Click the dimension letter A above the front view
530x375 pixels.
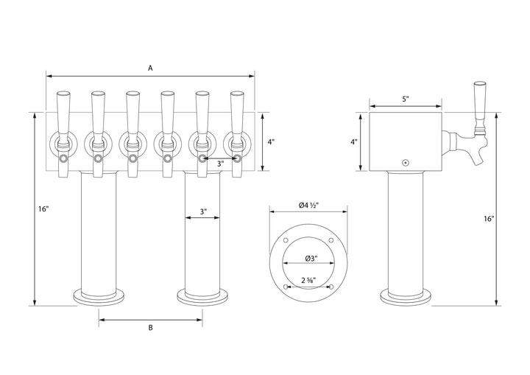[150, 68]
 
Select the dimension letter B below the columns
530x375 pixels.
[150, 329]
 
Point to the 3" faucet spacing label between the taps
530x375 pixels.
[219, 164]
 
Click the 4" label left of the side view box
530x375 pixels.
[354, 142]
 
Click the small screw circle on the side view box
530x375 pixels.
[404, 163]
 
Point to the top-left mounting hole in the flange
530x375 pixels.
[285, 241]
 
